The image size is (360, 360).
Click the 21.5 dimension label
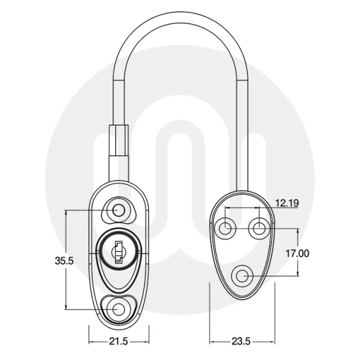(x=118, y=341)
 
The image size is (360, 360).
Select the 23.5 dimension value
(x=242, y=341)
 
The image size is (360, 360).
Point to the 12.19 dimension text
(x=287, y=204)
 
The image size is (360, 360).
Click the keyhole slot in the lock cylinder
(x=118, y=251)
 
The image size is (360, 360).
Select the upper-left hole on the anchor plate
(x=225, y=228)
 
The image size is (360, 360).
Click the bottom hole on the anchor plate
(x=242, y=276)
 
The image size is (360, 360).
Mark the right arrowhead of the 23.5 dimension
(x=274, y=341)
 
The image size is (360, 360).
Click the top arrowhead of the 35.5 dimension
(x=66, y=212)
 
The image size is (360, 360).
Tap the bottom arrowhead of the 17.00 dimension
(x=299, y=274)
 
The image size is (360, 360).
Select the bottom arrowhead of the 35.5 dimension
(x=66, y=308)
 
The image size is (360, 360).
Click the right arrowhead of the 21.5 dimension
(x=149, y=341)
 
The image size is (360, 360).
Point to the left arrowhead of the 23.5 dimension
(x=211, y=341)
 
